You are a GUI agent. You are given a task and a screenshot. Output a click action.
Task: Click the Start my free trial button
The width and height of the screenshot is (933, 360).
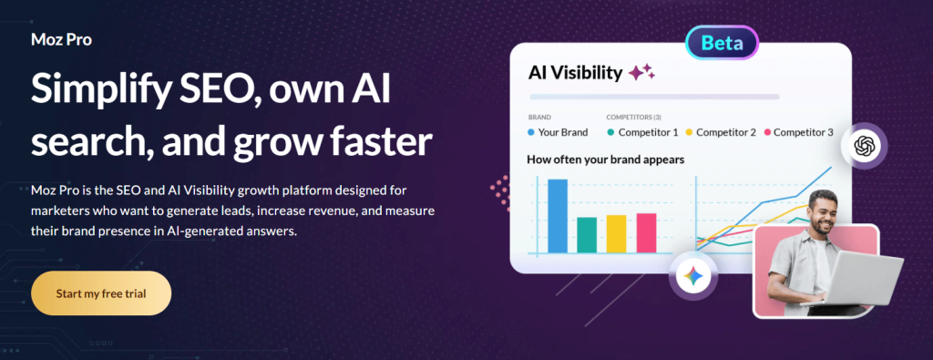coord(101,293)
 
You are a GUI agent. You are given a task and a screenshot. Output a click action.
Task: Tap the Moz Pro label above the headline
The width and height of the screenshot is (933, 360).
coord(61,40)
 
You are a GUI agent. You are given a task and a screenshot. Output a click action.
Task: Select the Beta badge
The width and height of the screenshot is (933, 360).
coord(723,43)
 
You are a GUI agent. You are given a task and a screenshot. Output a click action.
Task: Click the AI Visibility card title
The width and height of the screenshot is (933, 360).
coord(576,73)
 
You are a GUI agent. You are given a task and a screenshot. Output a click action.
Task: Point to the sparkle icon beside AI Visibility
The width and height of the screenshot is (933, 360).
coord(641,73)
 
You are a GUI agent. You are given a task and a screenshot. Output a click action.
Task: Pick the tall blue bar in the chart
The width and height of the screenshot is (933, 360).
coord(558,215)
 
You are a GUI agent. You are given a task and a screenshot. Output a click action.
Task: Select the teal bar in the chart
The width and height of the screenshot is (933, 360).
coord(587,234)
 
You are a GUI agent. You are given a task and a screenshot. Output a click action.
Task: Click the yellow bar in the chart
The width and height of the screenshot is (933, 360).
coord(617,233)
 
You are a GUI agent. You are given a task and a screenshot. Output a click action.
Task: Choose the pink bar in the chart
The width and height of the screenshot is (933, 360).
coord(646,232)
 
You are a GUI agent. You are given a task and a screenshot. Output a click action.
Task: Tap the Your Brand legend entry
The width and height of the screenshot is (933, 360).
coord(558,132)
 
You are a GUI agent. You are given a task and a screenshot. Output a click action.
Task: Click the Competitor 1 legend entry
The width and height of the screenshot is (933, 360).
coord(642,132)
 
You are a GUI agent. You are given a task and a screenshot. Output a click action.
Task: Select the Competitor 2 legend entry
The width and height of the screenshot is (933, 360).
coord(721,132)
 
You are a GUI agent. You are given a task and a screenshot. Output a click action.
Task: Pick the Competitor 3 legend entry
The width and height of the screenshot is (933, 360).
coord(798,132)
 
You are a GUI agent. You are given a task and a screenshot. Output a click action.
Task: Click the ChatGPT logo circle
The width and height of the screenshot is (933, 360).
coord(863,146)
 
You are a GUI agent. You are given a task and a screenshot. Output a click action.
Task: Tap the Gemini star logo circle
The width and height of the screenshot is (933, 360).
coord(693,276)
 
